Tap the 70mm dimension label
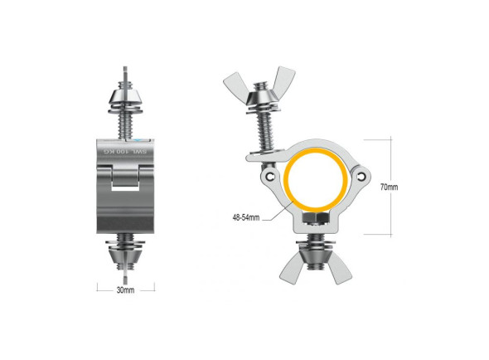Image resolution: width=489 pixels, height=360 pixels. tap(389, 187)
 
